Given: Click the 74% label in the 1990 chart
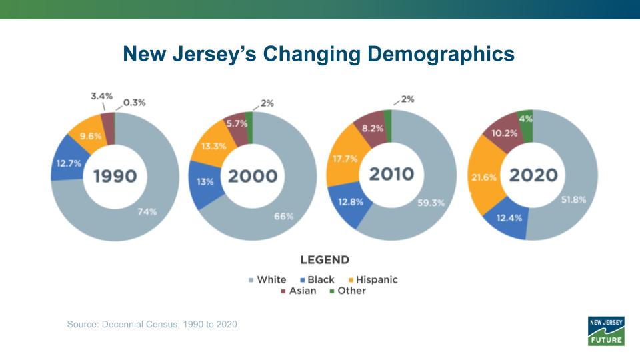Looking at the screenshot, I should pyautogui.click(x=147, y=212).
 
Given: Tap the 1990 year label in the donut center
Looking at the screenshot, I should pyautogui.click(x=115, y=177).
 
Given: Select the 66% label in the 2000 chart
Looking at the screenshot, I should pyautogui.click(x=283, y=216).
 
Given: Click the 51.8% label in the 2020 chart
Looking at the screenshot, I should pyautogui.click(x=573, y=199).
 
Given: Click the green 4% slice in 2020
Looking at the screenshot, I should pyautogui.click(x=526, y=119).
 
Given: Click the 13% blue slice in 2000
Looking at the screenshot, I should pyautogui.click(x=205, y=181).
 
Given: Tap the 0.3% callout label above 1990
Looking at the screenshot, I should pyautogui.click(x=134, y=103).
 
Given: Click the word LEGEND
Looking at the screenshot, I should pyautogui.click(x=325, y=259).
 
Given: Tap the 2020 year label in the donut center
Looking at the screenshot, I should pyautogui.click(x=533, y=175).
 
